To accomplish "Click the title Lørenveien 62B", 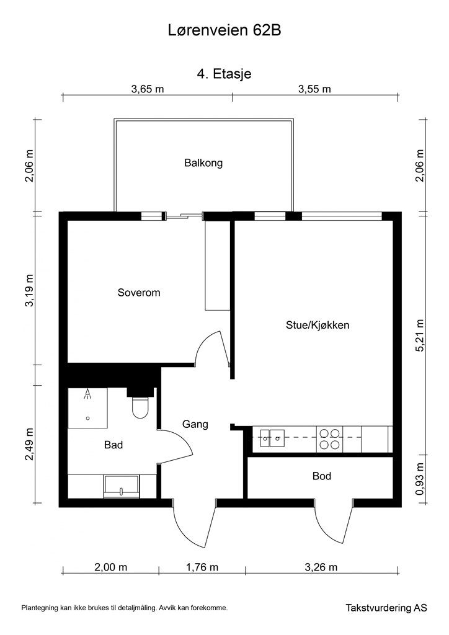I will tap(224, 30).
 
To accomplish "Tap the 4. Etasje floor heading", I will tap(224, 74).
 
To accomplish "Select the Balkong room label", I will tap(203, 164).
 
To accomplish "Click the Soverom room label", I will tap(139, 293).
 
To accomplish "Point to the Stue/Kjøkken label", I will tap(314, 324).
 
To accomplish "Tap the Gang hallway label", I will tap(195, 425).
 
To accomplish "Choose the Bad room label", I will tap(113, 445).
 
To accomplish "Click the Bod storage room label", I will tap(321, 476).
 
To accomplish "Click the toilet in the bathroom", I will tap(140, 407).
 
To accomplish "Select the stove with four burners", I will tap(328, 438).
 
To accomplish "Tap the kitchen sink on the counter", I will tap(272, 438).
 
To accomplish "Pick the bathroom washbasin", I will tap(122, 485).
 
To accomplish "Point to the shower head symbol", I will tap(88, 394).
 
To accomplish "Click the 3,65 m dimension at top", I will tap(147, 89).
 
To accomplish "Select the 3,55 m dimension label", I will tap(314, 89).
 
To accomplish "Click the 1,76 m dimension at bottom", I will tap(202, 567).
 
